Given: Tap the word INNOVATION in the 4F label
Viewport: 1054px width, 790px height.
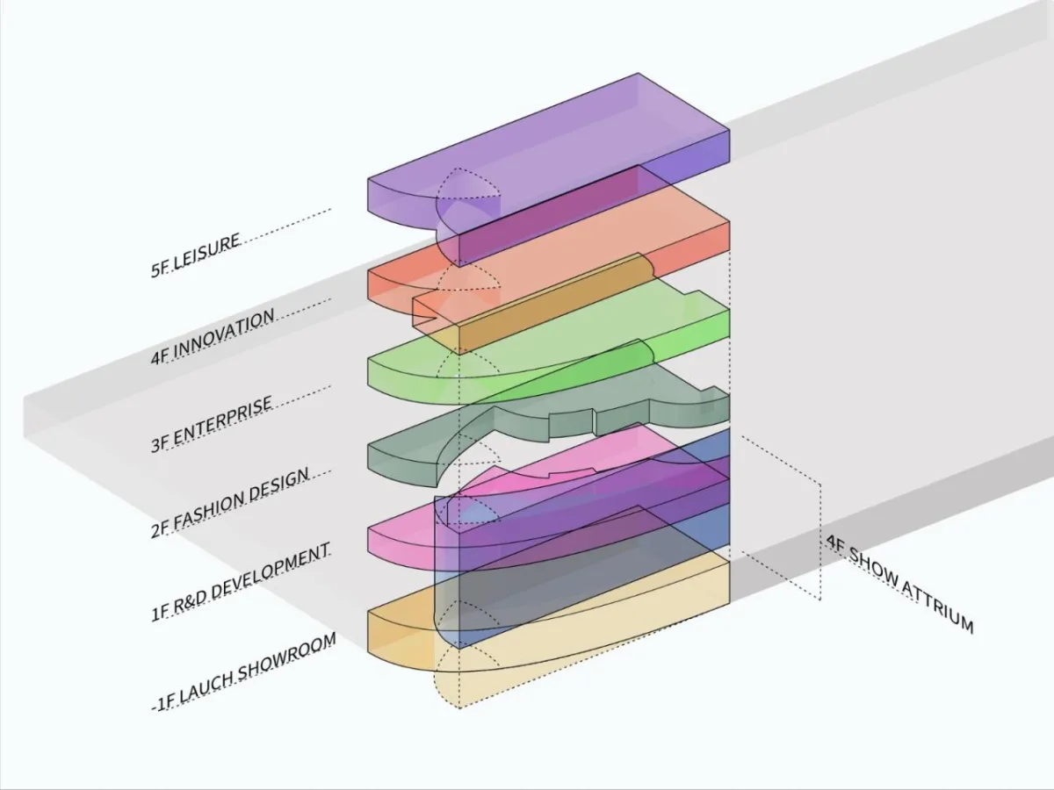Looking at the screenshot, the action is pyautogui.click(x=224, y=334).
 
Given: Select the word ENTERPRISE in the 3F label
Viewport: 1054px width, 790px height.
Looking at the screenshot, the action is pyautogui.click(x=223, y=420).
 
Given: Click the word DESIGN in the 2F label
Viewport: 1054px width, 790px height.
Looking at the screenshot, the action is pyautogui.click(x=279, y=484).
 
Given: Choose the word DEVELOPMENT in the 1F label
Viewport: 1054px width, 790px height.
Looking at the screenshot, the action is pyautogui.click(x=271, y=571).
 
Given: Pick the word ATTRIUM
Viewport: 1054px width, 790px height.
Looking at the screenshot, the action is pyautogui.click(x=937, y=607).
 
